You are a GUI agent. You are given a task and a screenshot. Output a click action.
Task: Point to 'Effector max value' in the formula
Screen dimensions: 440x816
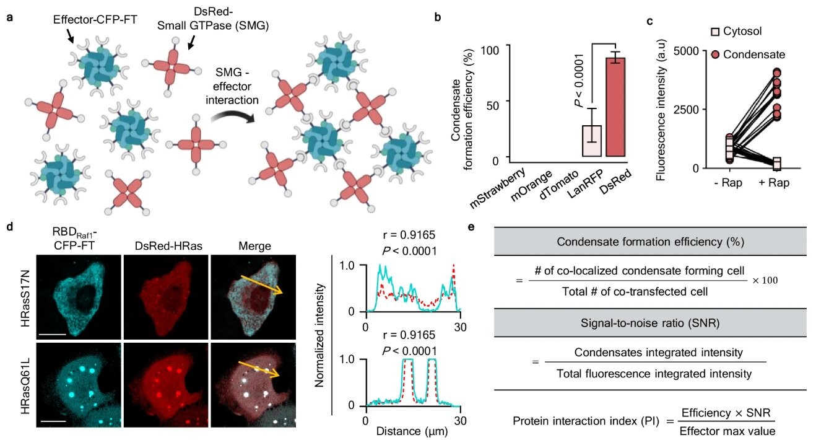click(725, 429)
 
